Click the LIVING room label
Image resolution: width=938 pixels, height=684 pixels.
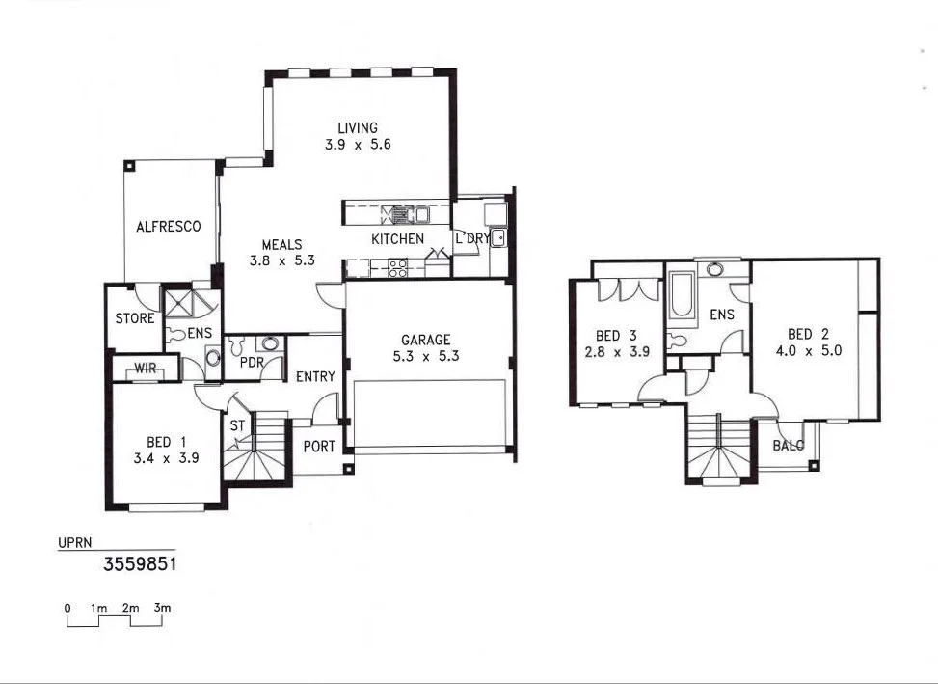click(x=358, y=128)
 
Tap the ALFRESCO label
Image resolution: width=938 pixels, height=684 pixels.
click(x=169, y=227)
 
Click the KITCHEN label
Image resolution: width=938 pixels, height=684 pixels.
click(x=397, y=238)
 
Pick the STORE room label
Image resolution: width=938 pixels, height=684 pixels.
click(x=135, y=318)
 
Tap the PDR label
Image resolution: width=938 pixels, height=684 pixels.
click(x=252, y=363)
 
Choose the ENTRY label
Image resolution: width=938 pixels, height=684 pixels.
click(x=315, y=376)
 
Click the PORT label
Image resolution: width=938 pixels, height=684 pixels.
click(x=319, y=447)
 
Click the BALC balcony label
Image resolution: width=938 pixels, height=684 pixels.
click(x=789, y=446)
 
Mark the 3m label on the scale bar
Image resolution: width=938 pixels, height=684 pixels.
click(x=162, y=608)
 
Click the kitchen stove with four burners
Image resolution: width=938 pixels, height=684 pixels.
click(x=397, y=268)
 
